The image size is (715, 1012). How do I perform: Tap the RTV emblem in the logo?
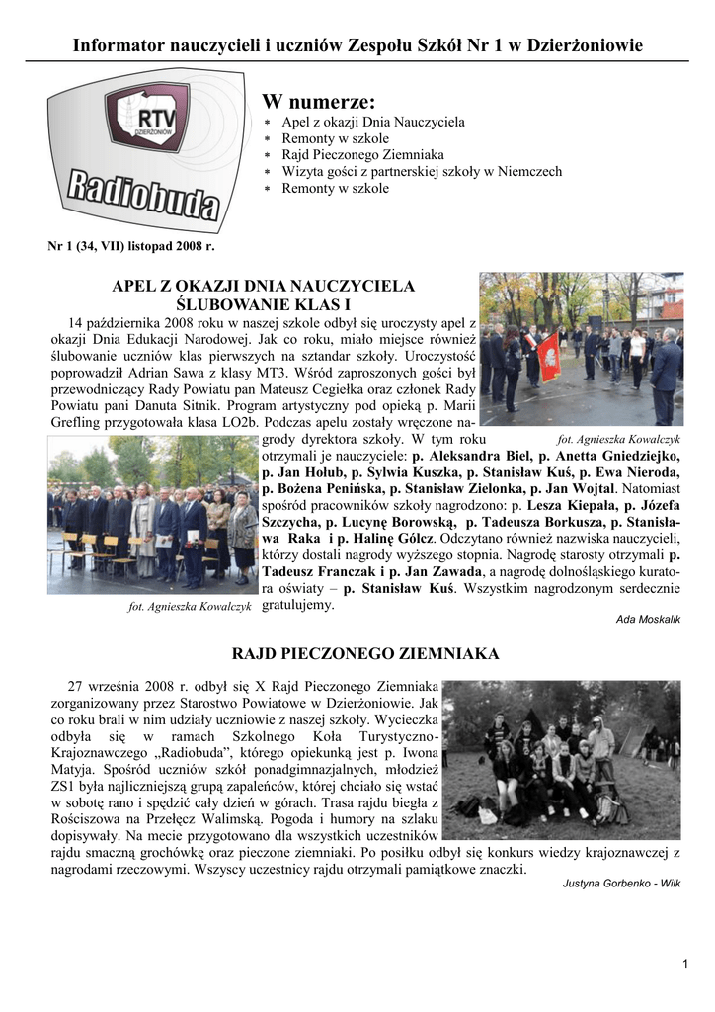point(147,117)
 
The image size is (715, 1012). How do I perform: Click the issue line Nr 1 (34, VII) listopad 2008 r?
point(131,244)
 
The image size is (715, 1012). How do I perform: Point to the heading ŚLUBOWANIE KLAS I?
point(264,303)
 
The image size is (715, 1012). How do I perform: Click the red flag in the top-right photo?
point(549,358)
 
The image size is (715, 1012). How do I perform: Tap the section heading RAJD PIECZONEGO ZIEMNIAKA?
point(365,653)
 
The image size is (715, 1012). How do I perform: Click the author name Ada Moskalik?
point(648,619)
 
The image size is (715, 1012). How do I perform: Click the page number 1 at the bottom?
point(684,965)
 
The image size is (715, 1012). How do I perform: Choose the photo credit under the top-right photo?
point(618,438)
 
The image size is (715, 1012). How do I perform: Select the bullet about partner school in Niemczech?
point(422,172)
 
